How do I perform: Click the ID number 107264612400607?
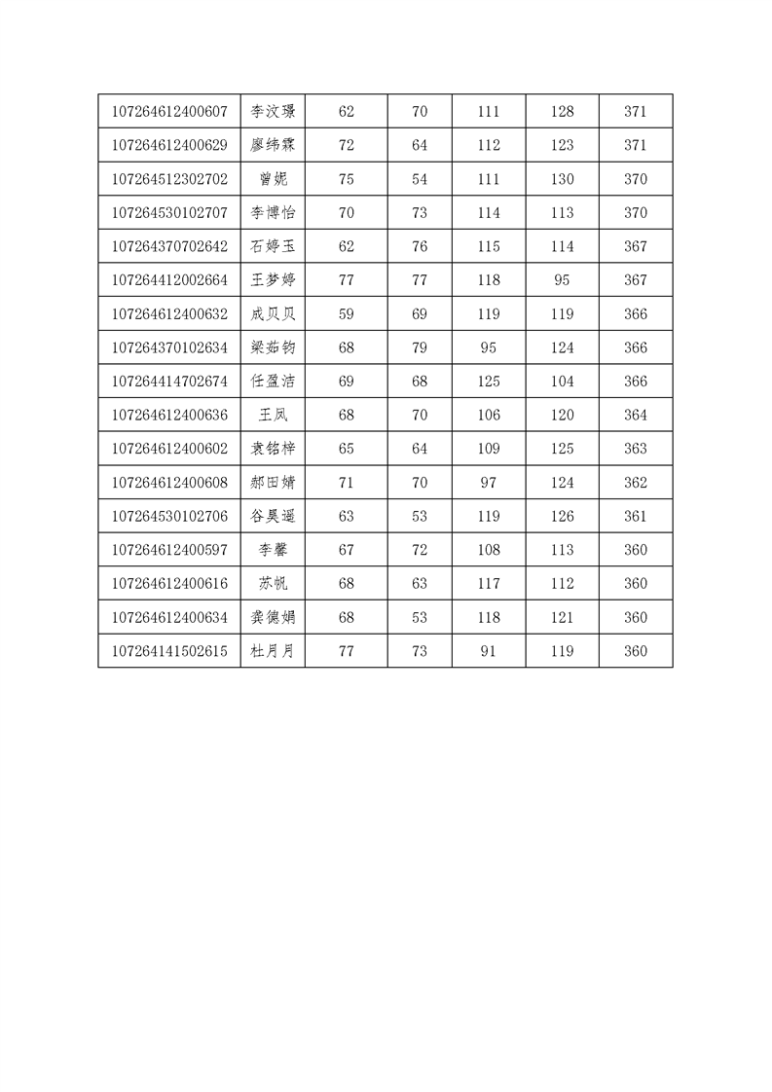tap(169, 112)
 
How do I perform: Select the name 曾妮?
tap(273, 179)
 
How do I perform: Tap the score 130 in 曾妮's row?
tap(562, 179)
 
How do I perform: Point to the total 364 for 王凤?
tap(635, 416)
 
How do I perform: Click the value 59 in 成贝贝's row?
tap(346, 314)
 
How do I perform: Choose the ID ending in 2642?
tap(169, 247)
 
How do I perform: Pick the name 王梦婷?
tap(273, 280)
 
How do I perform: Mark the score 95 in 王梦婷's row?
tap(562, 280)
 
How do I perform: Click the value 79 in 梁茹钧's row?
tap(420, 347)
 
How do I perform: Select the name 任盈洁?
tap(273, 382)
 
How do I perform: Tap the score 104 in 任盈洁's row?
tap(562, 382)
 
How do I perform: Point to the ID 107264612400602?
tap(169, 449)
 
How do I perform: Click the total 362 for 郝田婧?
tap(635, 483)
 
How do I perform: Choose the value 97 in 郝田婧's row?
tap(489, 483)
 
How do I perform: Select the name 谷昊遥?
tap(273, 517)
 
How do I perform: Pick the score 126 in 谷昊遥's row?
tap(562, 517)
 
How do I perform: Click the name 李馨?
tap(273, 550)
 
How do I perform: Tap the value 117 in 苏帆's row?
tap(489, 584)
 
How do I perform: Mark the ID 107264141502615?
tap(169, 651)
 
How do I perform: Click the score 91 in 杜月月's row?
tap(489, 651)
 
